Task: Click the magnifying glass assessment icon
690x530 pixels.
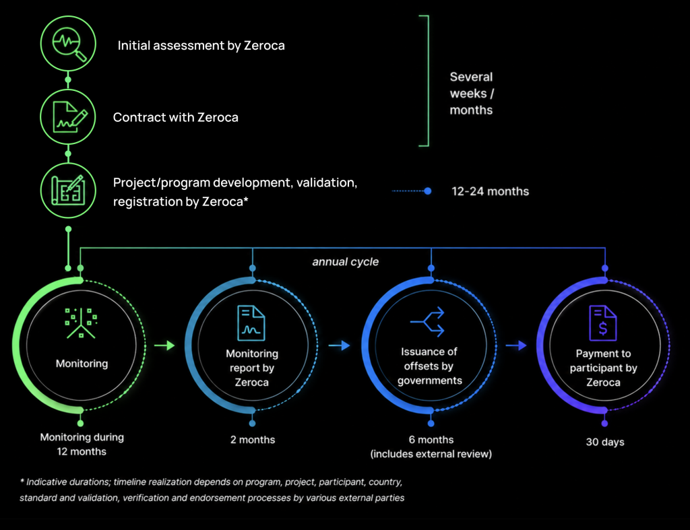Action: [x=69, y=44]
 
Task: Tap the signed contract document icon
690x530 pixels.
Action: [x=69, y=117]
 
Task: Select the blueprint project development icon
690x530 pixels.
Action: [x=68, y=190]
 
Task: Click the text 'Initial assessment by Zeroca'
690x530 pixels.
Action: [x=201, y=46]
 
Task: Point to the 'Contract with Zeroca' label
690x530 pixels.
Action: [x=176, y=117]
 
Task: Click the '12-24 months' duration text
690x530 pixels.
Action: [x=491, y=191]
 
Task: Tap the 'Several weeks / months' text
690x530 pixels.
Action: [x=472, y=93]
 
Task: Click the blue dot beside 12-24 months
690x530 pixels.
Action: [x=427, y=191]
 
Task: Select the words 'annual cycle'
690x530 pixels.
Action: [x=346, y=262]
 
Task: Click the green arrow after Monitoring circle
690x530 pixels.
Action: [x=164, y=345]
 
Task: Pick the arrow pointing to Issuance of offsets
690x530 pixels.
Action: [x=340, y=345]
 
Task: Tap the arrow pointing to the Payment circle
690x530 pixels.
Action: [x=516, y=345]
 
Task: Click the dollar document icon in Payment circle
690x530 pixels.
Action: [x=603, y=323]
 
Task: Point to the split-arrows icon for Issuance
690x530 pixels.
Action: [x=427, y=322]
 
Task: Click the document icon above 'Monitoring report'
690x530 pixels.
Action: [x=251, y=323]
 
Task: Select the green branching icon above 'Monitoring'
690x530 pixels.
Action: [x=81, y=323]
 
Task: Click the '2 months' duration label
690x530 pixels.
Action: [x=253, y=440]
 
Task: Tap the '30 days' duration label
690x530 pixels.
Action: [x=605, y=442]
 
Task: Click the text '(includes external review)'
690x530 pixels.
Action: [x=431, y=454]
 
